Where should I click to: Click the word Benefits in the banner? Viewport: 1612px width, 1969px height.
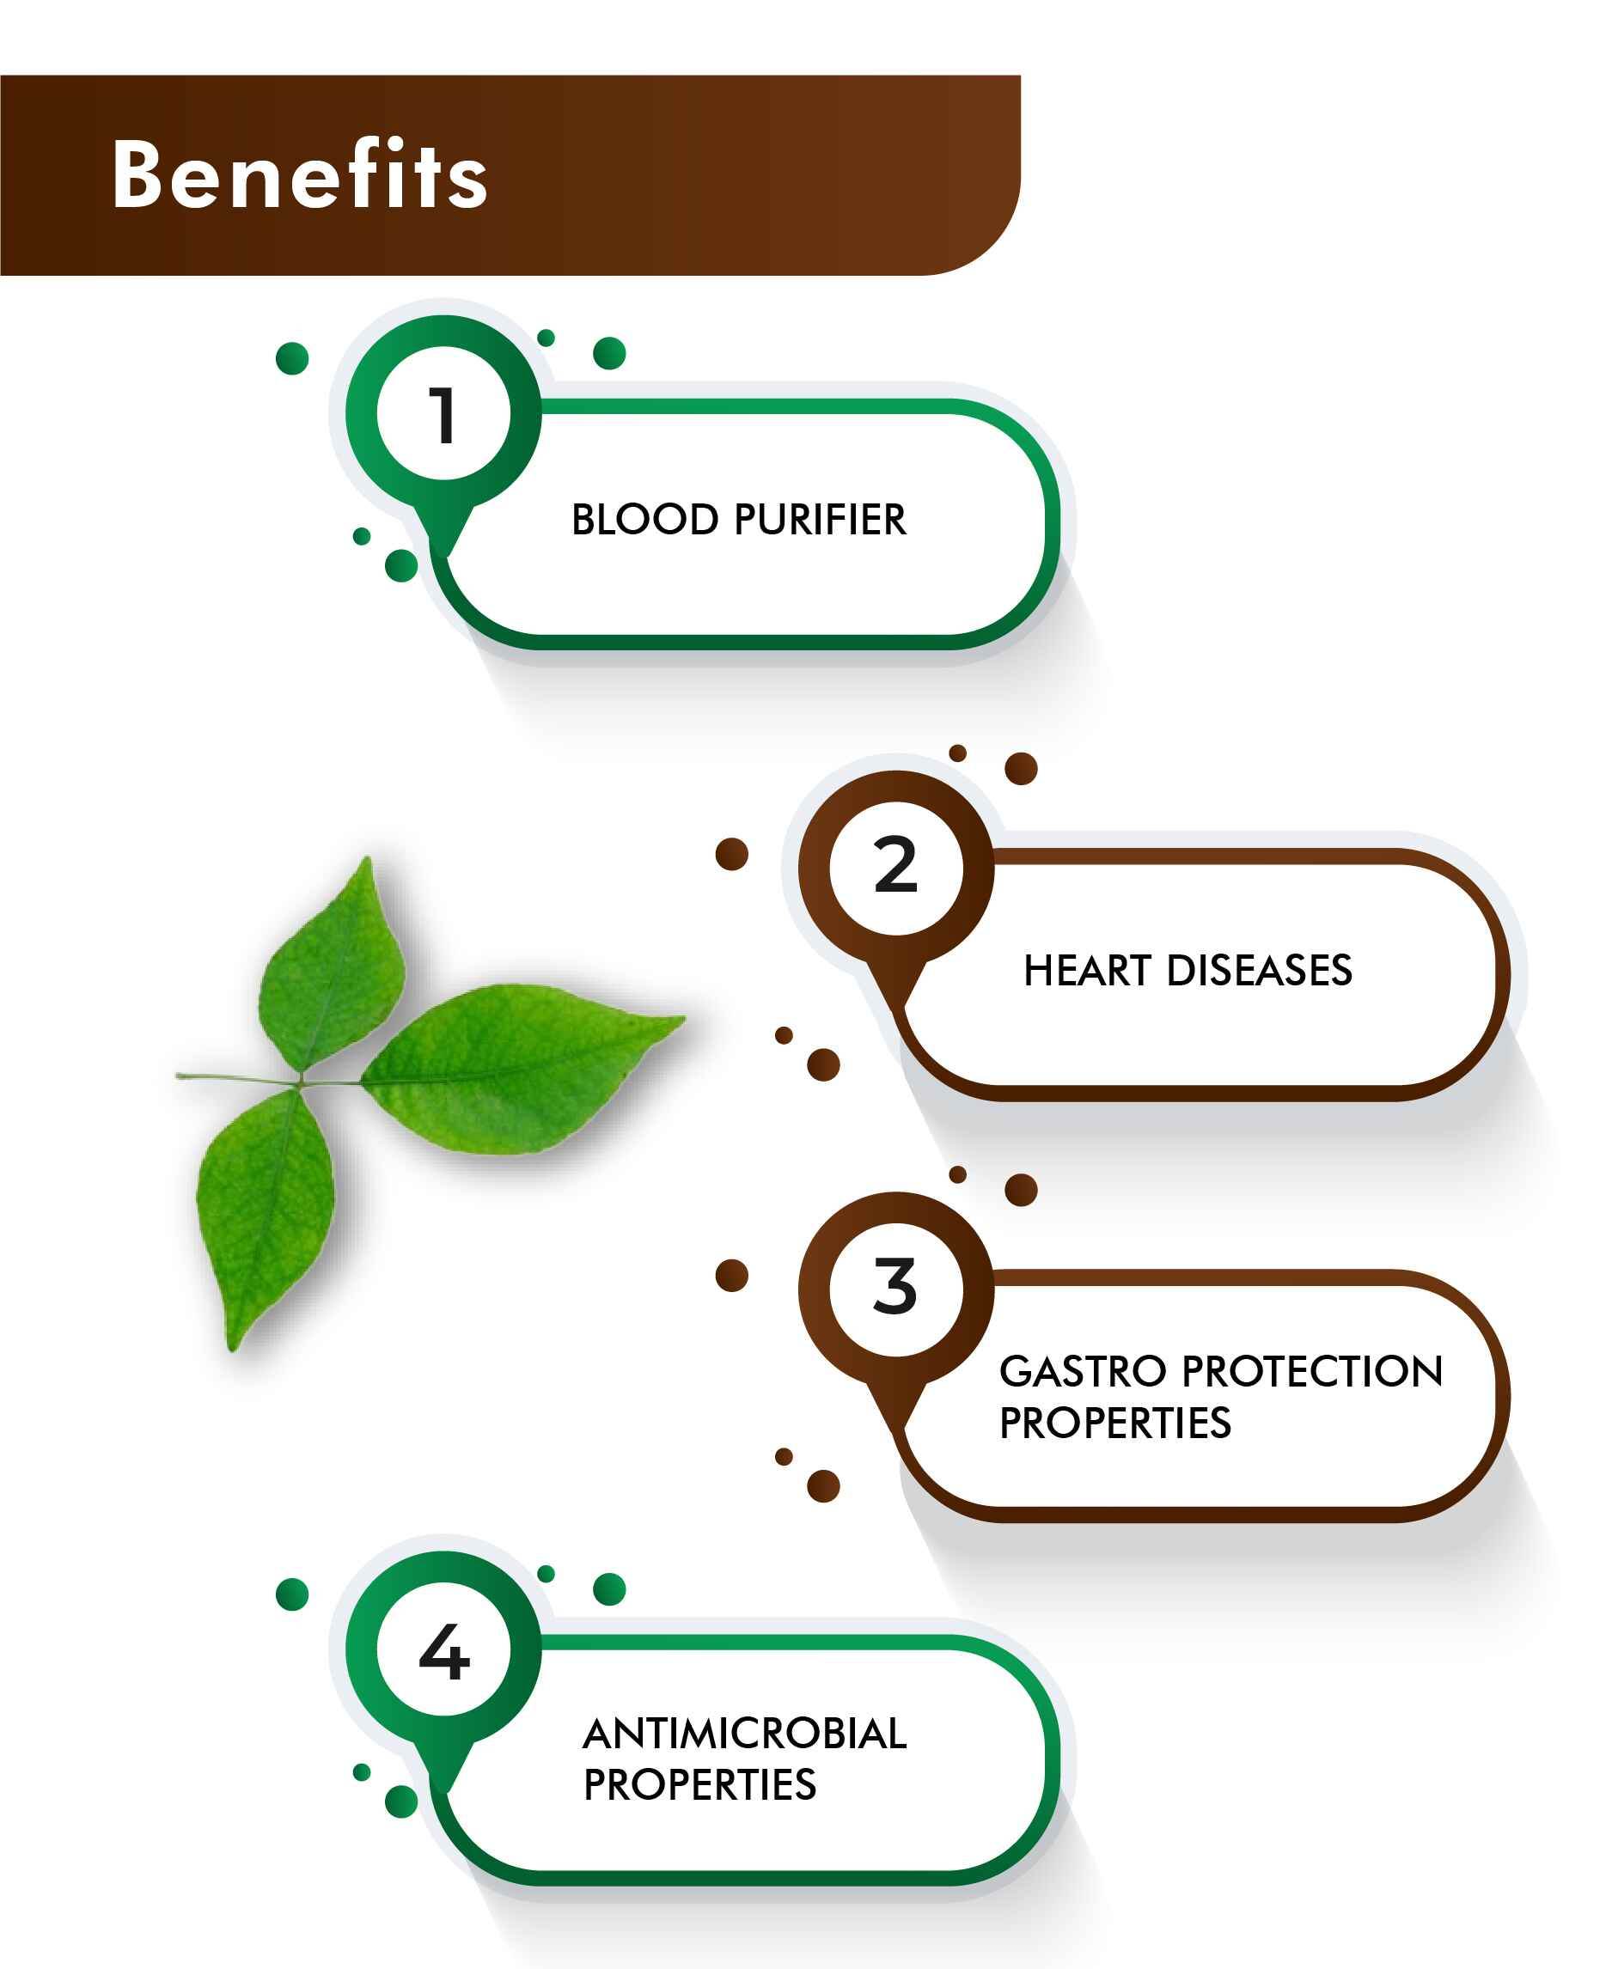tap(300, 174)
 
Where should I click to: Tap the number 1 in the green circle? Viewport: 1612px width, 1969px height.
tap(443, 415)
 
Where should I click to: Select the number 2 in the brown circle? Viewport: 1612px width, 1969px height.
tap(896, 865)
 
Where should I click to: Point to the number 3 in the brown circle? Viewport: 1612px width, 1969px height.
tap(895, 1287)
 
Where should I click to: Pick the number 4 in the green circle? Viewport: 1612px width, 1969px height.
tap(444, 1653)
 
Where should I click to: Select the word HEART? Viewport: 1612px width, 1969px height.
tap(1087, 970)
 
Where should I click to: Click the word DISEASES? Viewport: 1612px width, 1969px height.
tap(1259, 970)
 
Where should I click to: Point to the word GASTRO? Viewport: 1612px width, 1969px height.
tap(1083, 1371)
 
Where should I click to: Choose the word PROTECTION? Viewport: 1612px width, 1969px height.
tap(1313, 1371)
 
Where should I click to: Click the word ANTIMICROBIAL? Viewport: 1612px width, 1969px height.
tap(745, 1734)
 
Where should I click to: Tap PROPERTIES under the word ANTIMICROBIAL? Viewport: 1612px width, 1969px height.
tap(700, 1784)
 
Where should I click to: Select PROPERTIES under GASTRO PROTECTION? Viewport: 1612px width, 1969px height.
tap(1115, 1423)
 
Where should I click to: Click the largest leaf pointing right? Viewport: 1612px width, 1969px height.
tap(520, 1068)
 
